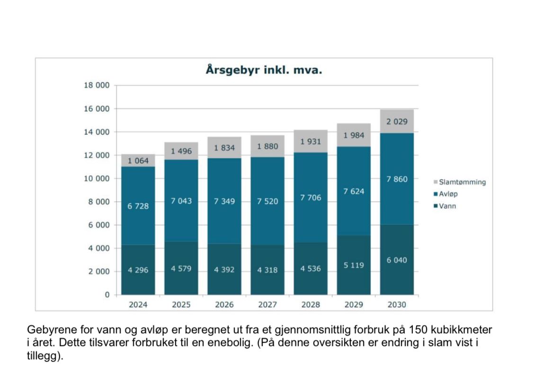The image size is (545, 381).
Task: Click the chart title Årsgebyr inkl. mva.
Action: coord(264,70)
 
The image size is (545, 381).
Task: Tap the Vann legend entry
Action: coord(447,206)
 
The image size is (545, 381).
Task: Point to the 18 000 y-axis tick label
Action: coord(97,86)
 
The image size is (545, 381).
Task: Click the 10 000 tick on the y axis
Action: coord(97,179)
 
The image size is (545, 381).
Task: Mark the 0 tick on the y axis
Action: coord(107,295)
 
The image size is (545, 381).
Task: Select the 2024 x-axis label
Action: coord(138,305)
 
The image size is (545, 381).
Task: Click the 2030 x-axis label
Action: coord(397,305)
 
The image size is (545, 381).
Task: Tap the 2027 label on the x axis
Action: coord(268,305)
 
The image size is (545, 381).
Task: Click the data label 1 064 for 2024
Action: coord(138,161)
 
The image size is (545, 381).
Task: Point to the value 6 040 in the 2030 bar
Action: coord(397,260)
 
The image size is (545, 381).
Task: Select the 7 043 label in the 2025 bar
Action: coord(181,201)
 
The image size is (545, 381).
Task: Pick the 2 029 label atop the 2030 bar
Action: coord(397,122)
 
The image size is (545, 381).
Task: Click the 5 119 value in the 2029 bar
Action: coord(354,266)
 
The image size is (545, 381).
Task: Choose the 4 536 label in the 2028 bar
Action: coord(311,269)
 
